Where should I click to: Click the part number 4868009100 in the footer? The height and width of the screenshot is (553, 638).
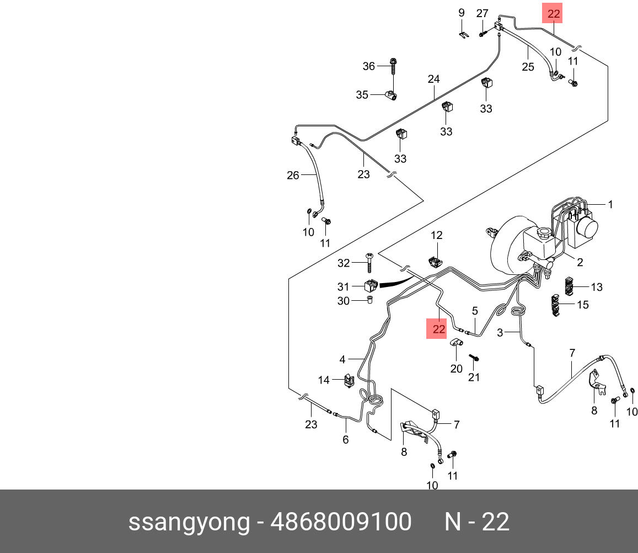pos(341,522)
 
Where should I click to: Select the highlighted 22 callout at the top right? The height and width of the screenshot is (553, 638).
pos(552,13)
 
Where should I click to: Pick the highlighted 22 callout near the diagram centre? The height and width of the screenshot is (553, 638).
pos(437,328)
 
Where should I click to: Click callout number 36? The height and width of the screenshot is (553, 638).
pos(369,66)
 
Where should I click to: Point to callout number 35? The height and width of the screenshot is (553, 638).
pos(362,95)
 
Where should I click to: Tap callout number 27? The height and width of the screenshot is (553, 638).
pos(482,13)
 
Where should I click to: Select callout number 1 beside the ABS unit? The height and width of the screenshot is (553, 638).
pos(610,204)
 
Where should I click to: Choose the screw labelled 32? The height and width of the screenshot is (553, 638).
pos(369,262)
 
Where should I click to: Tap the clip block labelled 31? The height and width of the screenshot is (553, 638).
pos(371,286)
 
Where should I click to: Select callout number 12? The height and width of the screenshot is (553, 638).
pos(437,235)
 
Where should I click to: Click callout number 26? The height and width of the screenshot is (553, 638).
pos(293,176)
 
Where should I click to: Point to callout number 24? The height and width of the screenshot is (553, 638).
pos(434,79)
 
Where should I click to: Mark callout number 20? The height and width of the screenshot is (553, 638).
pos(456,369)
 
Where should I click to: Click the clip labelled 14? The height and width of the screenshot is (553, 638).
pos(349,380)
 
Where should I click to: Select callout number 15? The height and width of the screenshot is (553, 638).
pos(583,305)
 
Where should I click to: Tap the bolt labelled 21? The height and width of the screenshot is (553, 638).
pos(474,358)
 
